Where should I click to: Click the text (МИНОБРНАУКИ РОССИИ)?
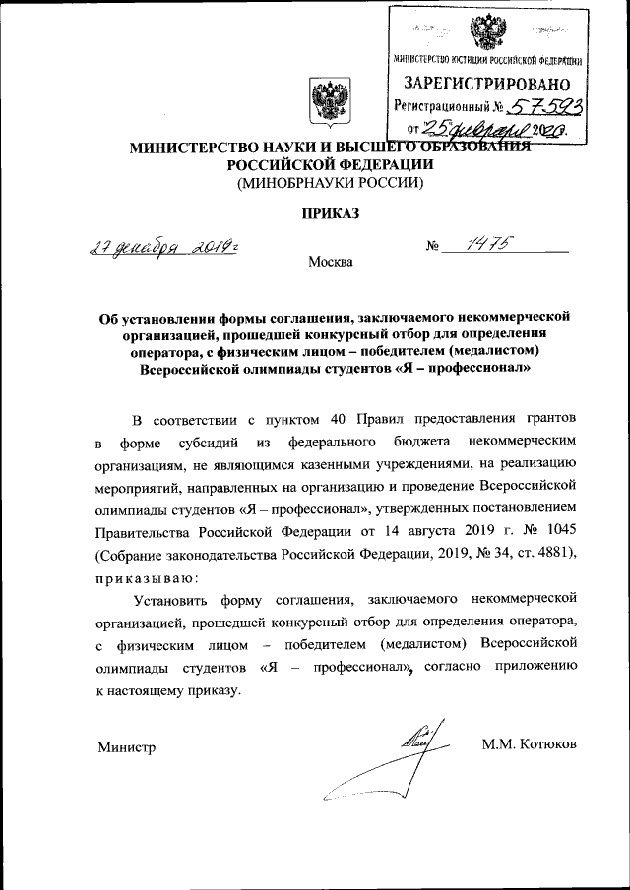click(x=315, y=183)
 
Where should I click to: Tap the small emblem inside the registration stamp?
click(x=484, y=33)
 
